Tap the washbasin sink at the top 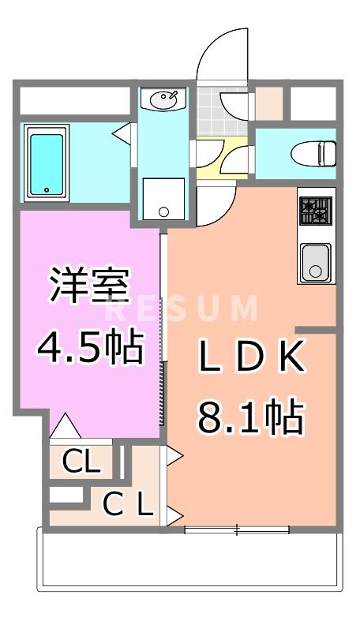pos(165,100)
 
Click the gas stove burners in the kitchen pos(317,211)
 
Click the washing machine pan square pos(163,199)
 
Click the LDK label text pos(250,360)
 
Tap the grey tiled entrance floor pos(208,114)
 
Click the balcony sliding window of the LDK pos(237,529)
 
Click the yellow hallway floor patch pos(207,158)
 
